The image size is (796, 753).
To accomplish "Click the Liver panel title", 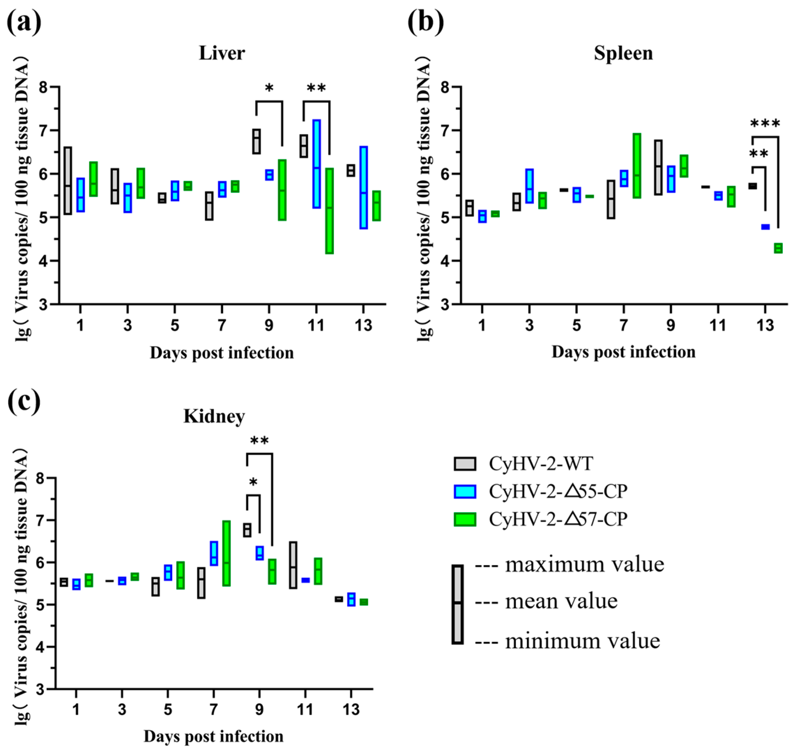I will tap(222, 53).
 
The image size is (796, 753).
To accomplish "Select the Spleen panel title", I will tap(623, 53).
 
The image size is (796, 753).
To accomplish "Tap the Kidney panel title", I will tap(214, 416).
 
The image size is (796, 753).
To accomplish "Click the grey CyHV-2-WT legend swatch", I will tap(465, 463).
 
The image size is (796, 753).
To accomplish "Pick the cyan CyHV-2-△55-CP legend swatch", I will tap(465, 492).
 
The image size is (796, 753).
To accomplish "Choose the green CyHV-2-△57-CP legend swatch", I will tap(465, 520).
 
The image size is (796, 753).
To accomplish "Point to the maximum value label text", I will tap(584, 564).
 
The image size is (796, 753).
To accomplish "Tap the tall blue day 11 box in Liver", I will tap(316, 164).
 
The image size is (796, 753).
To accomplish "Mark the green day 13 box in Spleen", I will tap(778, 248).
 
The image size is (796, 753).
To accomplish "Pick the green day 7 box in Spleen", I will tap(637, 166).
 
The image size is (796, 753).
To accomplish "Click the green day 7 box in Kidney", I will tap(227, 553).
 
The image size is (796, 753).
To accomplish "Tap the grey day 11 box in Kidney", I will tap(293, 565).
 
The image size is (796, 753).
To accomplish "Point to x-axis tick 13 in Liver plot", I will tap(363, 325).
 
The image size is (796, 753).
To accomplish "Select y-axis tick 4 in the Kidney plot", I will tap(40, 647).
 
